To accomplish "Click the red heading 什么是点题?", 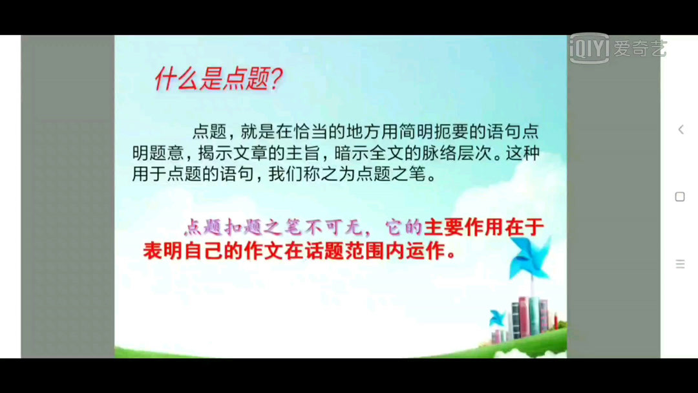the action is [x=218, y=80].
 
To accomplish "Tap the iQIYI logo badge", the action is [x=589, y=48].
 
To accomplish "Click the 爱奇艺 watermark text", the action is [x=640, y=48].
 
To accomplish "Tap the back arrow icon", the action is [x=681, y=129].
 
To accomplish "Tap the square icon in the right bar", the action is [x=680, y=197].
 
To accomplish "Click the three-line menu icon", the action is [x=680, y=264].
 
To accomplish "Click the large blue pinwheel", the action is [x=531, y=257].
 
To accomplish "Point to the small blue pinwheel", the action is [x=497, y=318].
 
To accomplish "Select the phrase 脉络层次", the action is [x=455, y=153].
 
